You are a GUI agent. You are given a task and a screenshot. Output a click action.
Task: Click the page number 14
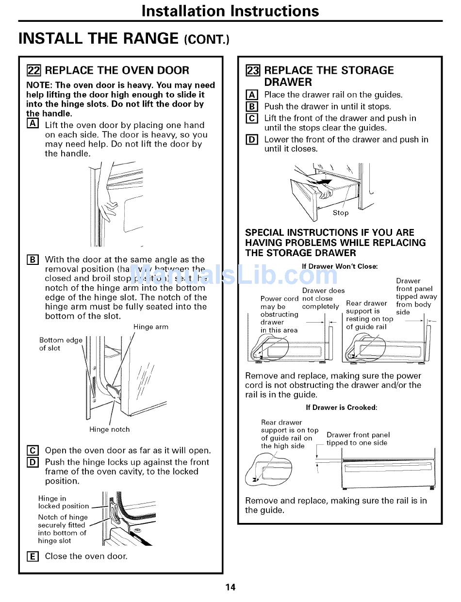click(x=230, y=587)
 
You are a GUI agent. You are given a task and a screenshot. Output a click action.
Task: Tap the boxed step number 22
click(x=33, y=70)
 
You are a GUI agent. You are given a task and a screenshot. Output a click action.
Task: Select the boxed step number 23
click(x=252, y=70)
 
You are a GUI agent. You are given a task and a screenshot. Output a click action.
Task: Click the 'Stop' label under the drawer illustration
click(x=340, y=212)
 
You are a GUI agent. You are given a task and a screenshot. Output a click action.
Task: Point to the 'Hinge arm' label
click(x=151, y=327)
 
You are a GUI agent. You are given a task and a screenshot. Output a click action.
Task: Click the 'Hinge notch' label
click(x=109, y=429)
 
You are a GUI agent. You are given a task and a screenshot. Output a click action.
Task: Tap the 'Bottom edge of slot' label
click(x=61, y=344)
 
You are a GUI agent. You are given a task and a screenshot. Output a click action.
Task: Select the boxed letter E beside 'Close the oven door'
click(x=32, y=557)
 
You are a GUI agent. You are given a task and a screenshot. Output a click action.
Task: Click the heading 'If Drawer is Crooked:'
click(x=341, y=407)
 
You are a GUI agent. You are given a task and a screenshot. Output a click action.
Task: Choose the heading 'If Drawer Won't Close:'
click(x=340, y=266)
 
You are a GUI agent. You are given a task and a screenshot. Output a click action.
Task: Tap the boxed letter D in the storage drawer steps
click(x=252, y=140)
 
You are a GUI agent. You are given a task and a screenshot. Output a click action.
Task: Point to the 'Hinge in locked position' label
click(x=64, y=502)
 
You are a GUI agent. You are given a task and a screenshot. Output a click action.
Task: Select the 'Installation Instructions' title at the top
click(x=230, y=11)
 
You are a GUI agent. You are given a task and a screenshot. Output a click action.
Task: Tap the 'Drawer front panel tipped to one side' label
click(x=358, y=439)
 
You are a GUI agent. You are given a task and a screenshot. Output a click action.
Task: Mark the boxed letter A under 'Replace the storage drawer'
click(x=252, y=95)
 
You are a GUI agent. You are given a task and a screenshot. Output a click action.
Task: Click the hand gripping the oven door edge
click(x=107, y=209)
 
